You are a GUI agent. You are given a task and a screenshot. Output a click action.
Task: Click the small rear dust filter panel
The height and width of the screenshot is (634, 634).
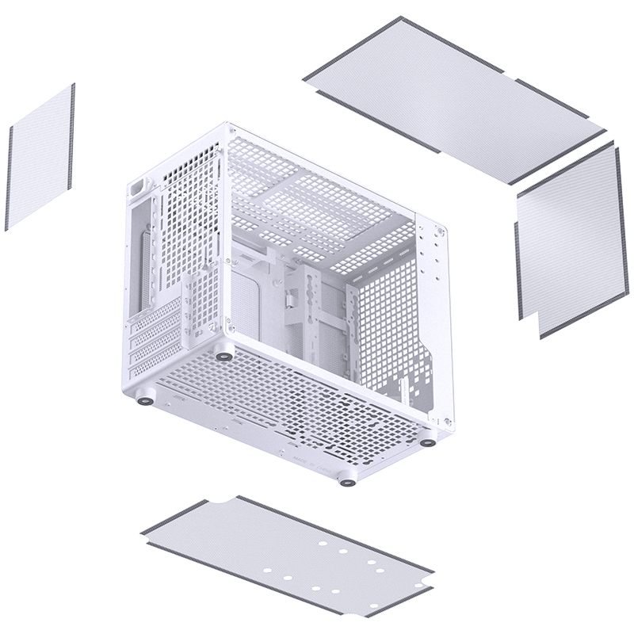tap(40, 157)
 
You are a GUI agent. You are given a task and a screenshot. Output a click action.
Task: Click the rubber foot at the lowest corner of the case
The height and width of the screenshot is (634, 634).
tap(346, 479)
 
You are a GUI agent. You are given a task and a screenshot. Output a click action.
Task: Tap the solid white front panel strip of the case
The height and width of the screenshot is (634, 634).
tap(432, 317)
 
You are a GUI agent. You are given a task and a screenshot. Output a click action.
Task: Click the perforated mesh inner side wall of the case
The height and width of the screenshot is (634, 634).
tap(384, 325)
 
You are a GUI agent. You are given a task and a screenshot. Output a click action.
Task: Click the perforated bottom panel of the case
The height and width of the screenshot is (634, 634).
tap(293, 396)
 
